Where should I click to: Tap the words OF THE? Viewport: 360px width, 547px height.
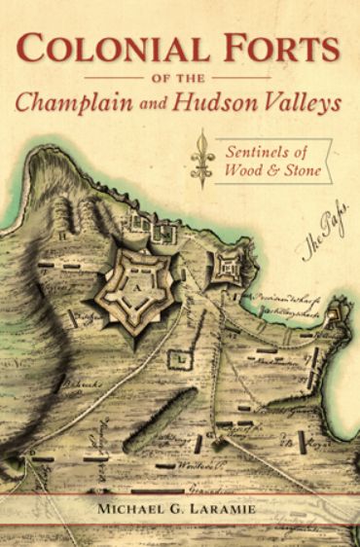[x=180, y=76]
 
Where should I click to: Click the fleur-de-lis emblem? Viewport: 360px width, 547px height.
[x=202, y=160]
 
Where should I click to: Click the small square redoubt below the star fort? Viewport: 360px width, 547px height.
[x=180, y=361]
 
